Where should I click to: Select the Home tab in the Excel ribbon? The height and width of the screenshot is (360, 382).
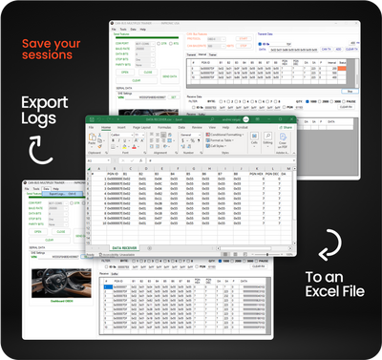(107, 125)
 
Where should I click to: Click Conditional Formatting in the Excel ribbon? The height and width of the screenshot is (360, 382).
(225, 134)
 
